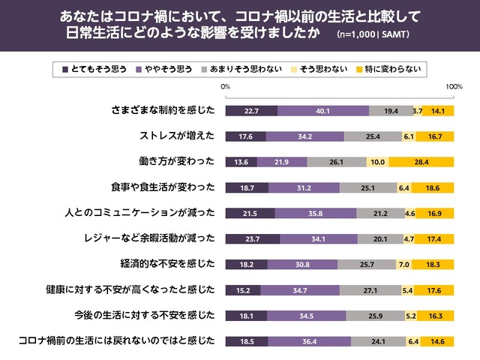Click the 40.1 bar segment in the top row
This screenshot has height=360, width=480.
tap(322, 111)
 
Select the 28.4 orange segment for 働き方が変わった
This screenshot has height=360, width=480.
tap(421, 162)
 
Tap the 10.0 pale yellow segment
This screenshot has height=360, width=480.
tap(377, 162)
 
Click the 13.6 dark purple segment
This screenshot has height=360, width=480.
tap(241, 162)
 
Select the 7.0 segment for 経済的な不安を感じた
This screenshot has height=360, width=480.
tap(403, 264)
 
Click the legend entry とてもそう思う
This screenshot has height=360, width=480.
tap(94, 69)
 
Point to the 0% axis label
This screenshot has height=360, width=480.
tap(225, 88)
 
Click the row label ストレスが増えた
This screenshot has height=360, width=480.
tap(177, 136)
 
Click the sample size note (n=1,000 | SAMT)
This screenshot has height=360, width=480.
tap(373, 34)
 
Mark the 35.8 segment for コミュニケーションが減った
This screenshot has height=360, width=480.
tap(316, 213)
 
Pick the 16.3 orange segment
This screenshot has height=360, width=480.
tap(435, 315)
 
